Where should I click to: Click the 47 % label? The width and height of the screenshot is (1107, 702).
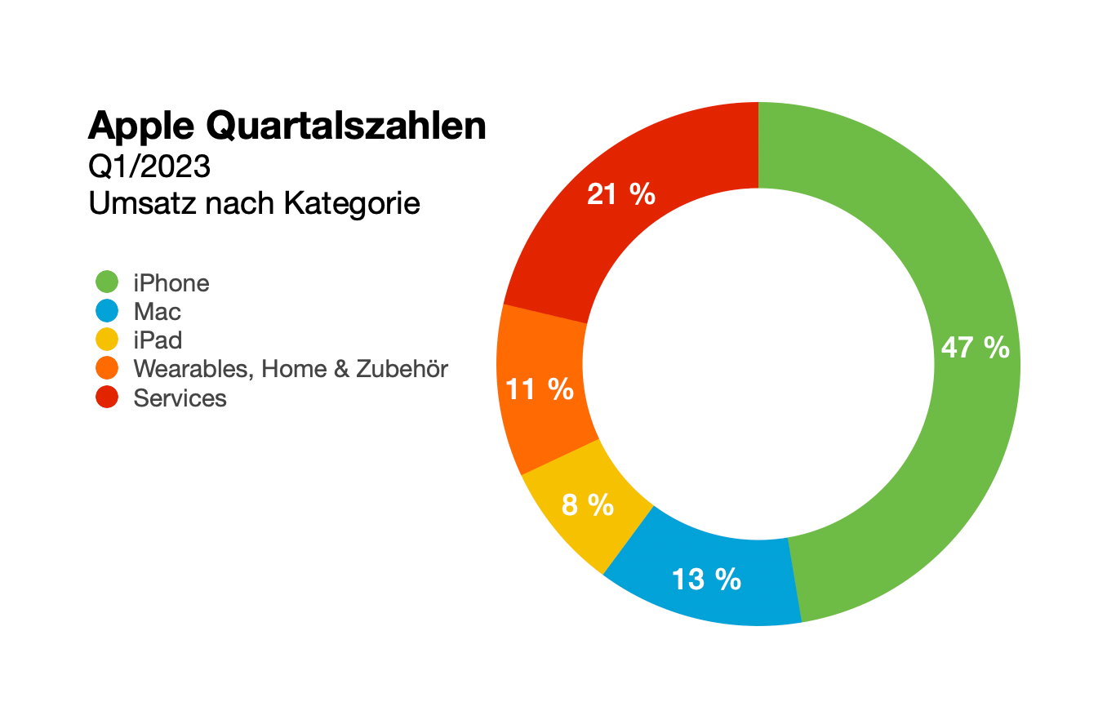[x=975, y=348]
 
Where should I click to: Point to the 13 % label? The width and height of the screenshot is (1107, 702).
[x=706, y=580]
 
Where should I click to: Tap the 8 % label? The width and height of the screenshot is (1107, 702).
[x=588, y=505]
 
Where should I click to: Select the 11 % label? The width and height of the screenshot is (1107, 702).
[x=540, y=389]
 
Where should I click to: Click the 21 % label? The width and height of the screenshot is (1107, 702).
[x=621, y=194]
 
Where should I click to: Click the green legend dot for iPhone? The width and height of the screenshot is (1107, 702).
[x=107, y=282]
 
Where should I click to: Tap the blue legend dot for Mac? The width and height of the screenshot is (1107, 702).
[x=107, y=311]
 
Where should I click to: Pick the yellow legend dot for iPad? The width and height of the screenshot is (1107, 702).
[x=107, y=340]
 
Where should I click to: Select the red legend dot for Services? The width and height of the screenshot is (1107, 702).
[x=107, y=398]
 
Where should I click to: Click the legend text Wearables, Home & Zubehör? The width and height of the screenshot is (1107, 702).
[x=291, y=369]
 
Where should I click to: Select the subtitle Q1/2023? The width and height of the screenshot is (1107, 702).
[x=149, y=167]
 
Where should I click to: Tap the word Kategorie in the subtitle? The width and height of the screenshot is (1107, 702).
[x=352, y=203]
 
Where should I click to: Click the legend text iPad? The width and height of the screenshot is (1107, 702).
[x=158, y=340]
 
